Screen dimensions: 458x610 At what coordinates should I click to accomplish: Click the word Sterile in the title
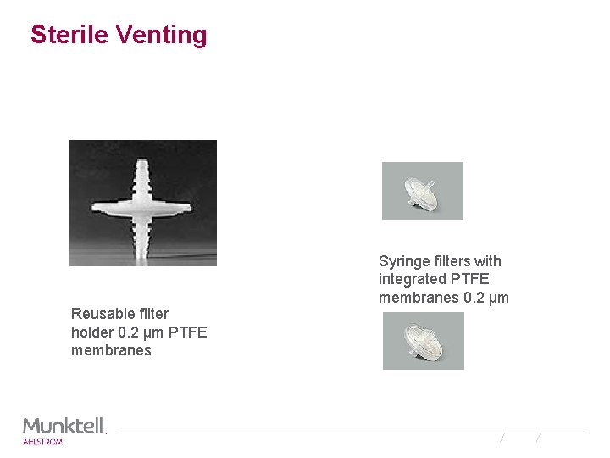pos(69,35)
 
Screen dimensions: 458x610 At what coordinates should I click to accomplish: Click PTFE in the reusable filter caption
pos(187,332)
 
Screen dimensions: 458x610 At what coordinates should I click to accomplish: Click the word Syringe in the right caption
pos(403,261)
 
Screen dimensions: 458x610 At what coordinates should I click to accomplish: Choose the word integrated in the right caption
pos(413,279)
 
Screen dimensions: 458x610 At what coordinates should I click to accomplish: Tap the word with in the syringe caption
pos(487,261)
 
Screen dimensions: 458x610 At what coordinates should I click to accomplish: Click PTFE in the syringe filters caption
pos(471,279)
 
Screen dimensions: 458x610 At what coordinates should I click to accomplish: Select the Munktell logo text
pos(64,425)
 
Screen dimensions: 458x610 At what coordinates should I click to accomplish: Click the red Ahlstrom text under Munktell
pos(42,441)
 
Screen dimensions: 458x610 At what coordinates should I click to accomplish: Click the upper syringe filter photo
pos(422,191)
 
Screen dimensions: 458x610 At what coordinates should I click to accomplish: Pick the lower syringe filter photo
pos(423,341)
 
